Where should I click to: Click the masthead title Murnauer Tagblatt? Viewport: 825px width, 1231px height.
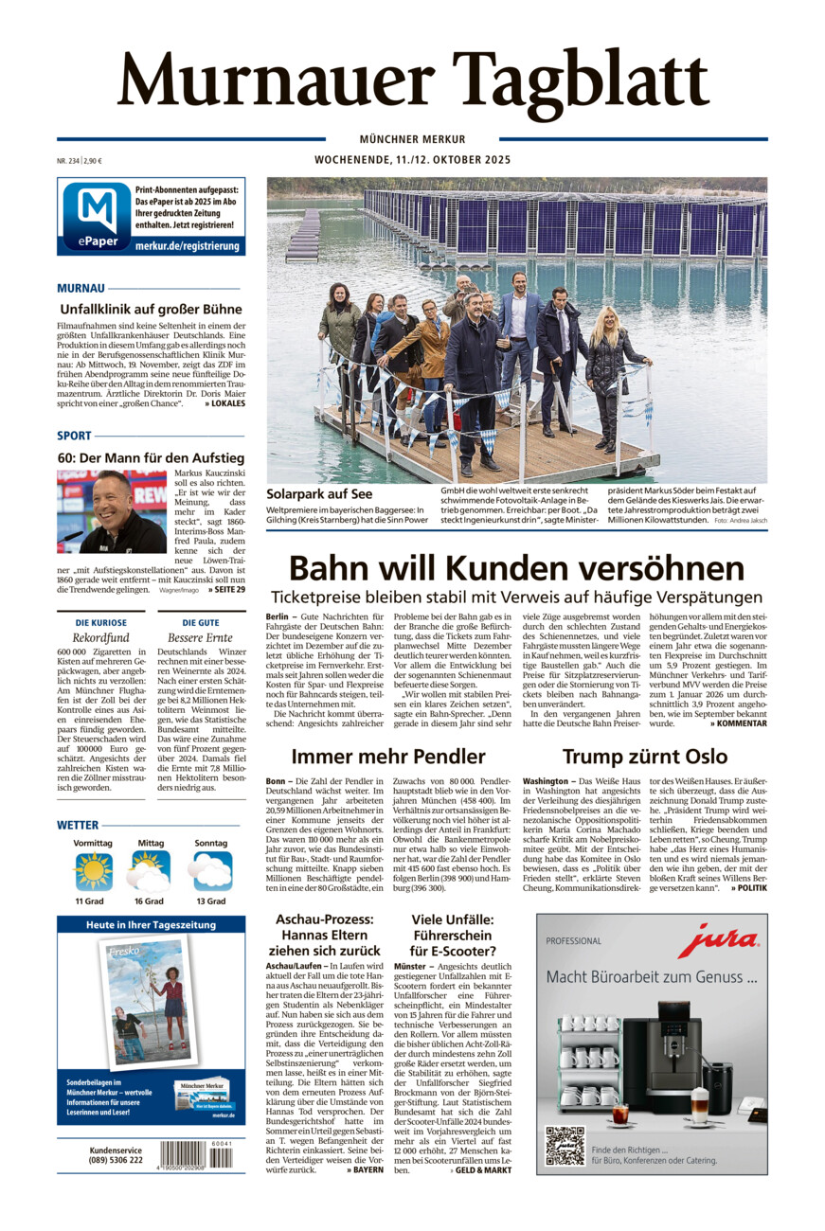coord(412,83)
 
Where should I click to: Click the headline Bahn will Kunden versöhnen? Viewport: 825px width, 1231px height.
coord(516,568)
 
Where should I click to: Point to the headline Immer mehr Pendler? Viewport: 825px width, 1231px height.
coord(388,756)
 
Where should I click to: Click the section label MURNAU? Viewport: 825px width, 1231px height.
coord(81,287)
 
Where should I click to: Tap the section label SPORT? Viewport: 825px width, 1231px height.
coord(74,436)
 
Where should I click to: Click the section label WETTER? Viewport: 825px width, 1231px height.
coord(78,825)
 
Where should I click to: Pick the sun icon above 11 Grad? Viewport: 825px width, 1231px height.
coord(93,870)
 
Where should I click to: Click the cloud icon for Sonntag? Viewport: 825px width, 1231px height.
coord(210,870)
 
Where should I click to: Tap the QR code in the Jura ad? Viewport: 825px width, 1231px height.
coord(565,1145)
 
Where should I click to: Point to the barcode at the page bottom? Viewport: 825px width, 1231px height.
coord(195,1154)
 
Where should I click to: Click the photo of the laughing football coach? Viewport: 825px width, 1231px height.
coord(112,511)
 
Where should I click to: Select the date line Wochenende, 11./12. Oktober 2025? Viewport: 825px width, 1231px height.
coord(412,160)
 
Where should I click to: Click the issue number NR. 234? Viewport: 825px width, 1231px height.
coord(67,161)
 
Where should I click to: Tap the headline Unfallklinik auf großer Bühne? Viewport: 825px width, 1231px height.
coord(151,309)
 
